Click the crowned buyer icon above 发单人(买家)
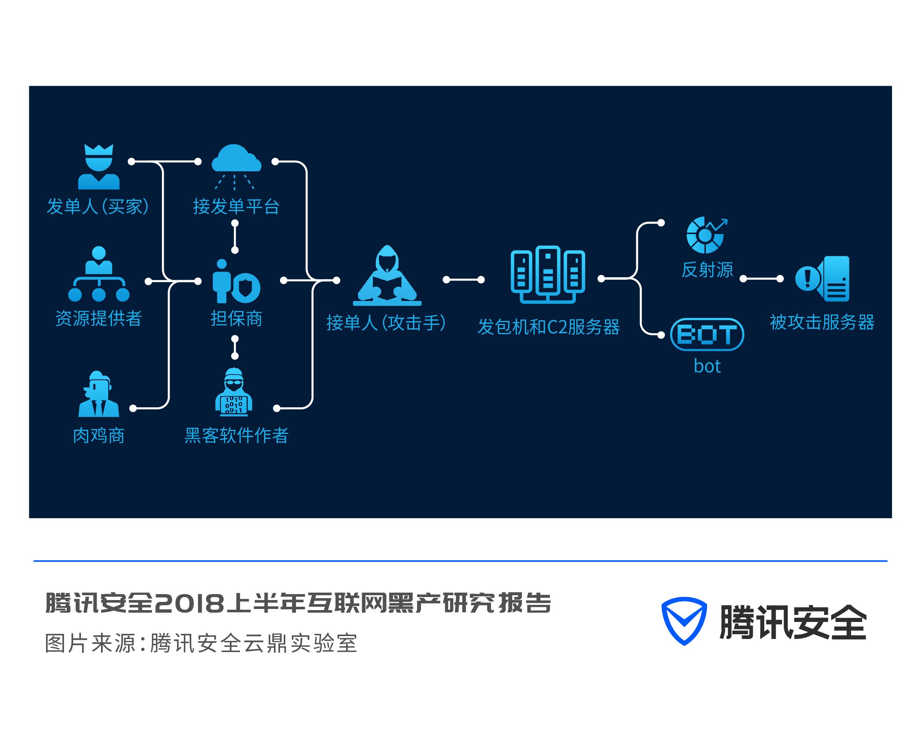pyautogui.click(x=99, y=167)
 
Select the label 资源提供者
pyautogui.click(x=98, y=318)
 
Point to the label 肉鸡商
pyautogui.click(x=99, y=436)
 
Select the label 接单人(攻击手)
pyautogui.click(x=386, y=323)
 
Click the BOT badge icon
pyautogui.click(x=707, y=335)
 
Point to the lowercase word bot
pyautogui.click(x=707, y=367)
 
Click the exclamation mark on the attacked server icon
pyautogui.click(x=807, y=278)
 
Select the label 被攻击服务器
pyautogui.click(x=822, y=322)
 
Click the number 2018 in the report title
pyautogui.click(x=188, y=603)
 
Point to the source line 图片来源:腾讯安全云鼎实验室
pyautogui.click(x=201, y=643)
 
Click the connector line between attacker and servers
pyautogui.click(x=463, y=280)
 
